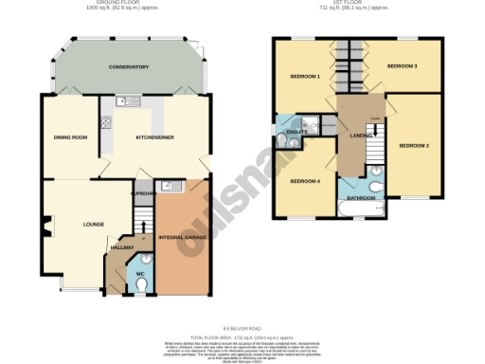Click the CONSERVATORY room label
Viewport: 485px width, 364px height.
[x=129, y=67]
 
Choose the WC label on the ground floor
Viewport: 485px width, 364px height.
[x=140, y=274]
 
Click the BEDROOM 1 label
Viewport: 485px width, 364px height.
[x=304, y=75]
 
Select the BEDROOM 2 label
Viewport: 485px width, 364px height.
[x=414, y=145]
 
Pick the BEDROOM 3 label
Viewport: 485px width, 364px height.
[x=403, y=66]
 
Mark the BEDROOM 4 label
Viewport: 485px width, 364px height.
[x=304, y=181]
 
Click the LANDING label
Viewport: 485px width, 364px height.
[x=361, y=138]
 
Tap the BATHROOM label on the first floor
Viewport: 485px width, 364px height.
[x=363, y=197]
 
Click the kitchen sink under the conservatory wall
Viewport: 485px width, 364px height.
[x=124, y=100]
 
